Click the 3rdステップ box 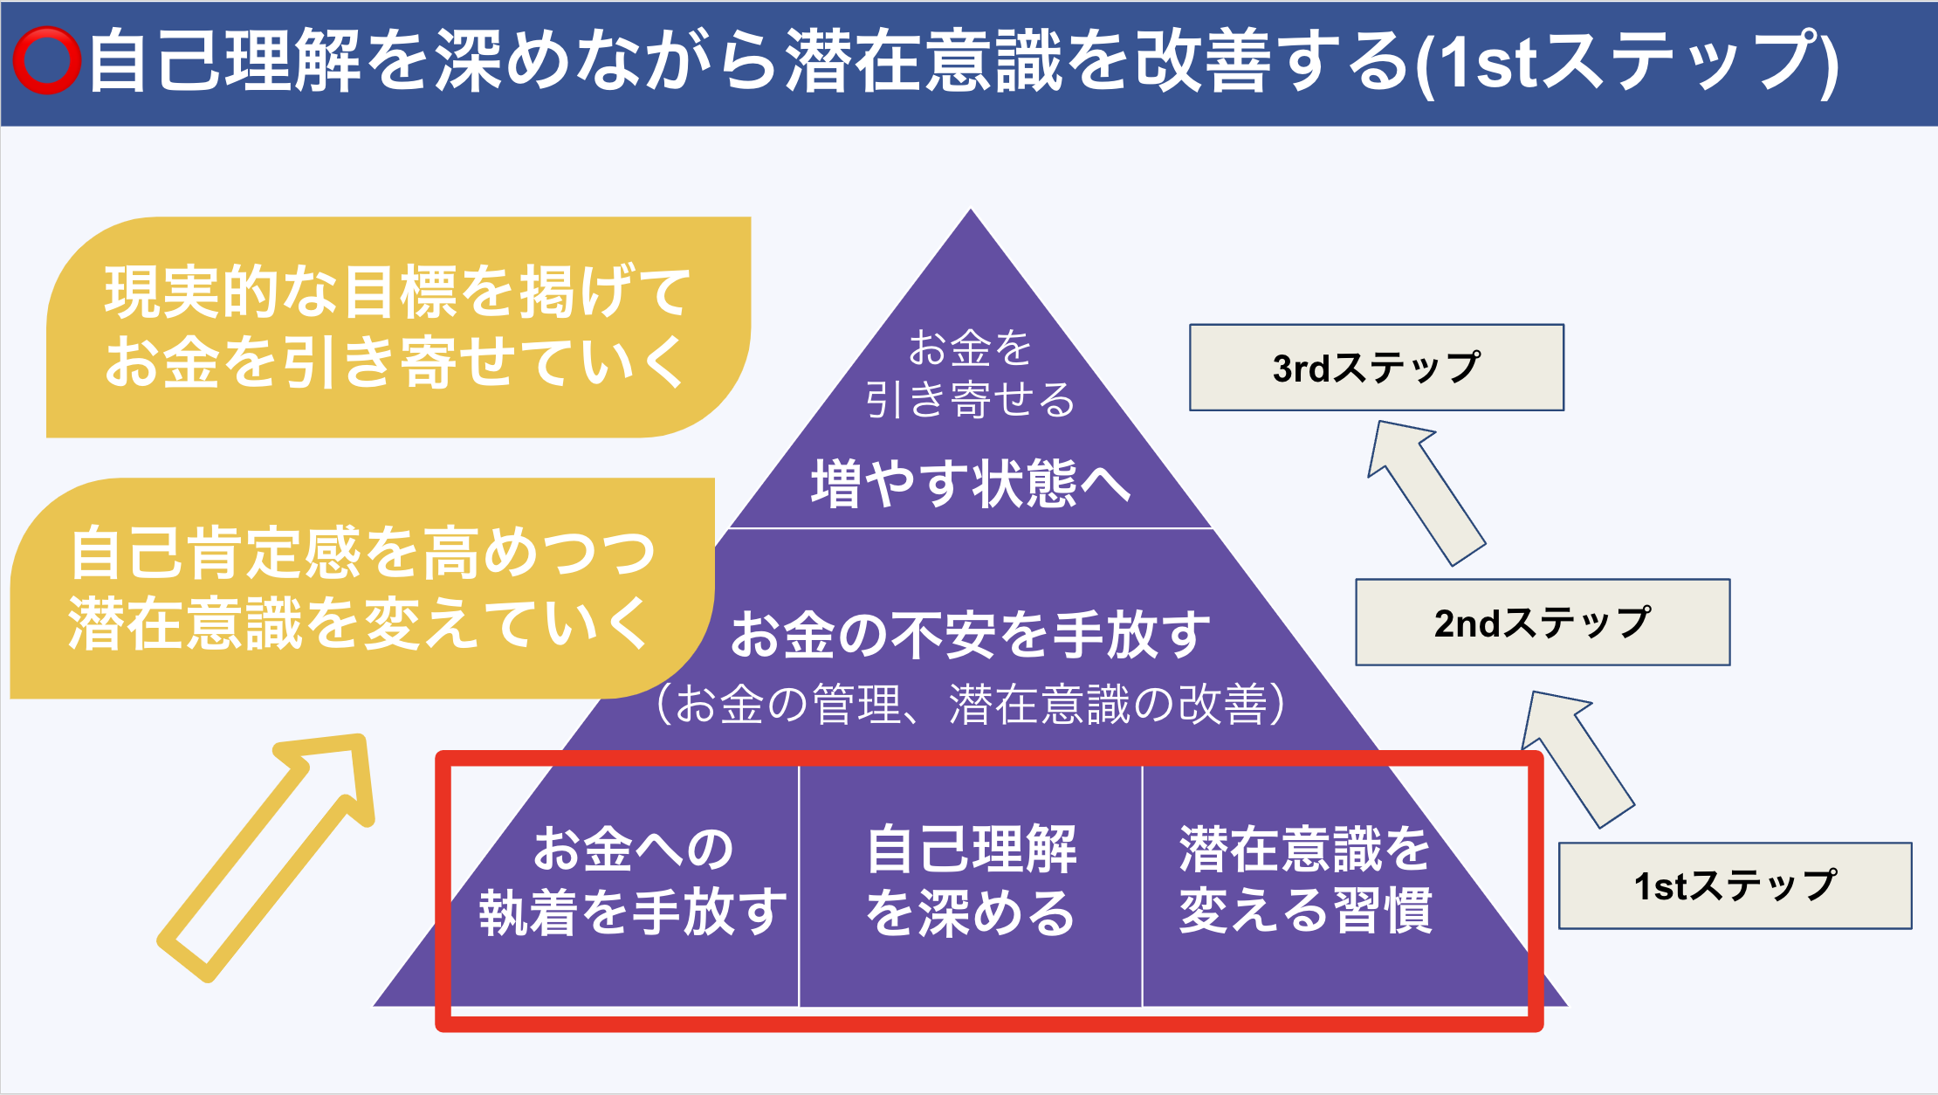tap(1377, 368)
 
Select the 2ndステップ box tap(1543, 623)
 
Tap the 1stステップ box tap(1735, 885)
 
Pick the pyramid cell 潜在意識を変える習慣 tap(1305, 880)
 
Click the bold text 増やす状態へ tap(970, 483)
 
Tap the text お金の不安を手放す tap(971, 634)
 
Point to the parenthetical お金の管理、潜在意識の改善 tap(971, 704)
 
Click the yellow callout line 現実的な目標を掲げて tap(398, 292)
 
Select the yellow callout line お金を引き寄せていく tap(395, 362)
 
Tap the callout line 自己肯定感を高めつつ tap(362, 553)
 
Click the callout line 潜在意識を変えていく tap(358, 623)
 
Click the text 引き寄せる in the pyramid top tap(970, 400)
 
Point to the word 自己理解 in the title tap(225, 60)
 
